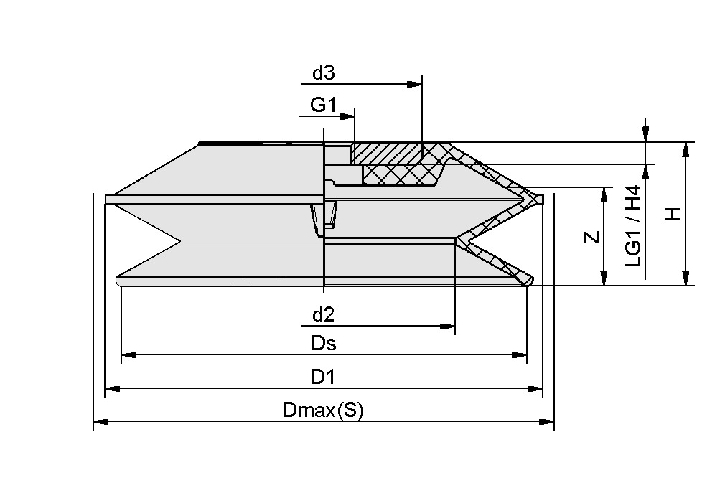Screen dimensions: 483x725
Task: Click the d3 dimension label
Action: pyautogui.click(x=324, y=72)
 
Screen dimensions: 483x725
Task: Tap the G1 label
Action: pyautogui.click(x=323, y=105)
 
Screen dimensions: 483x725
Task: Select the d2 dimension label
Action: pyautogui.click(x=324, y=314)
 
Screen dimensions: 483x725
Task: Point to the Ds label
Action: pyautogui.click(x=324, y=343)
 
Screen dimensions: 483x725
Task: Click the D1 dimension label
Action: pyautogui.click(x=324, y=377)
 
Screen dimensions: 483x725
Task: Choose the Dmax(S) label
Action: pyautogui.click(x=324, y=411)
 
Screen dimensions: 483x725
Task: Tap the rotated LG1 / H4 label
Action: pyautogui.click(x=633, y=226)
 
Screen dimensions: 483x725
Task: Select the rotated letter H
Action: pyautogui.click(x=673, y=214)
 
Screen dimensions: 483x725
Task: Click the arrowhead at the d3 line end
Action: pyautogui.click(x=415, y=84)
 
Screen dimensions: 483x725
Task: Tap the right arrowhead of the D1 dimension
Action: pyautogui.click(x=536, y=389)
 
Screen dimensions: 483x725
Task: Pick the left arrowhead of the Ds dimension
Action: pyautogui.click(x=128, y=355)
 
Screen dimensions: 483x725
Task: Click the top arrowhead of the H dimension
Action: pyautogui.click(x=687, y=149)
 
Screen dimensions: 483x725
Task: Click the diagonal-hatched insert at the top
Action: pyautogui.click(x=388, y=153)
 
